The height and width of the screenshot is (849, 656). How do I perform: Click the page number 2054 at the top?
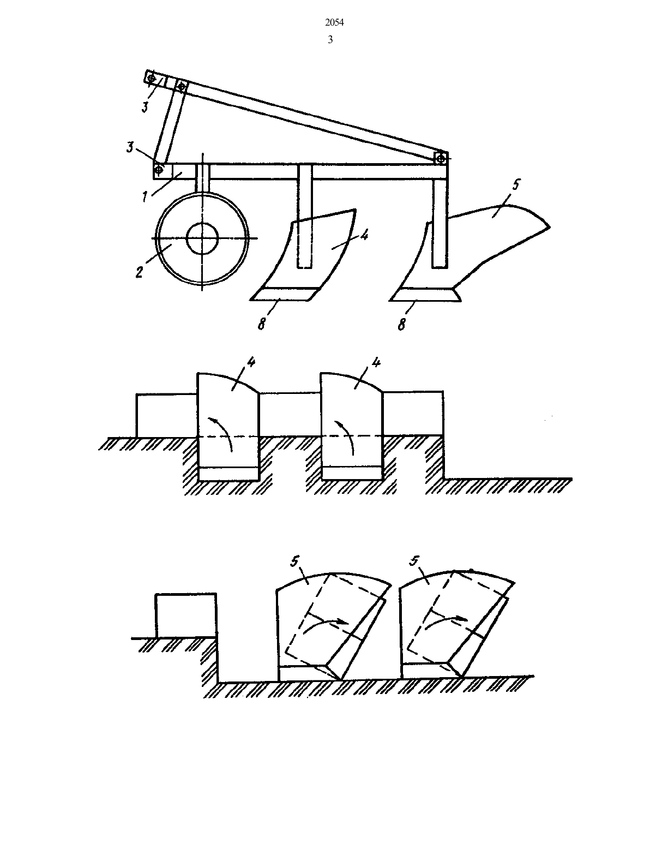coord(334,23)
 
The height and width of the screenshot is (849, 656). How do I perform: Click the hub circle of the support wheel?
coord(202,238)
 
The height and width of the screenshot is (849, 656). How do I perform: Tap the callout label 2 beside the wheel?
coord(140,272)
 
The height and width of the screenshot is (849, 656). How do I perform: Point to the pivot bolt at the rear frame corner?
coord(441,159)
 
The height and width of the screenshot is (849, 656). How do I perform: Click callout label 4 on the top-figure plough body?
coord(364,235)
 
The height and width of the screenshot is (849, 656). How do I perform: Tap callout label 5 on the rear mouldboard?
coord(516,185)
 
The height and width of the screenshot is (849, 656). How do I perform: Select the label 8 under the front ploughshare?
coord(261,324)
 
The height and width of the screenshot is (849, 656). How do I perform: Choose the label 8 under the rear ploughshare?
coord(401,324)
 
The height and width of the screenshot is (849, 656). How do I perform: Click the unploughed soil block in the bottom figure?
coord(186,615)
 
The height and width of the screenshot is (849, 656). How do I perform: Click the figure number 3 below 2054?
coord(330,40)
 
